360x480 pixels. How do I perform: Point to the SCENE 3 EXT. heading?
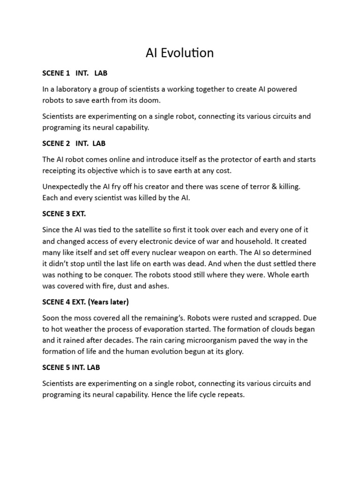(x=65, y=214)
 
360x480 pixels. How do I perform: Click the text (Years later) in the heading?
(x=108, y=302)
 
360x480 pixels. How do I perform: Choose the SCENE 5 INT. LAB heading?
(x=71, y=367)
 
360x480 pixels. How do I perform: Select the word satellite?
(x=152, y=230)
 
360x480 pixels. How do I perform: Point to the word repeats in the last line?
(x=231, y=395)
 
